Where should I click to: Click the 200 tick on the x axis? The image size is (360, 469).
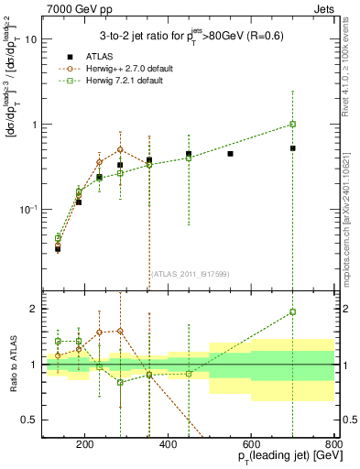pyautogui.click(x=84, y=446)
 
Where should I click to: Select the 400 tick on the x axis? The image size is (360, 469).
pyautogui.click(x=168, y=446)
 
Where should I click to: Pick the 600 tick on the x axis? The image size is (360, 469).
pyautogui.click(x=251, y=446)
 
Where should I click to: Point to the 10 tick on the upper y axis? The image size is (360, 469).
pyautogui.click(x=31, y=39)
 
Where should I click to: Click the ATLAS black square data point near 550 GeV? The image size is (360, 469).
pyautogui.click(x=230, y=154)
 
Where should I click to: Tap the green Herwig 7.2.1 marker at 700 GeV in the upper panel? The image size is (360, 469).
pyautogui.click(x=292, y=124)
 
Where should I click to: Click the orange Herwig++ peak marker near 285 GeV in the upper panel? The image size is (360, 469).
pyautogui.click(x=120, y=149)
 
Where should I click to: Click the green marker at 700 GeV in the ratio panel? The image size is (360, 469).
pyautogui.click(x=292, y=311)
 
